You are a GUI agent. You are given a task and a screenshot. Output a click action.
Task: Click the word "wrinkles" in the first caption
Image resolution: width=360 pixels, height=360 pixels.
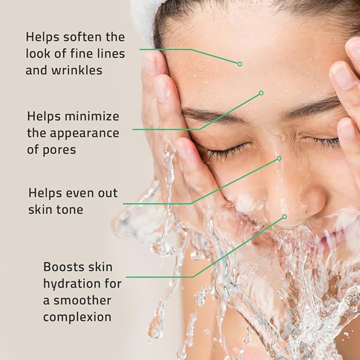(x=77, y=70)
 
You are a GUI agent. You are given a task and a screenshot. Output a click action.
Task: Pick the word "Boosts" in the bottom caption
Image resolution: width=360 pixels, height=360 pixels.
(x=64, y=267)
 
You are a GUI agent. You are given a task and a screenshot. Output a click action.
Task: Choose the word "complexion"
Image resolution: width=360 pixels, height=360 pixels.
(x=77, y=317)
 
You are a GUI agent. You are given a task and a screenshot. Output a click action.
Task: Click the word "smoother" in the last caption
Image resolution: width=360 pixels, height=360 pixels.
(x=84, y=300)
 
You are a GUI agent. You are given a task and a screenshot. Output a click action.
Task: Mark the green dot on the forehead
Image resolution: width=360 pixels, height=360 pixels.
(x=240, y=64)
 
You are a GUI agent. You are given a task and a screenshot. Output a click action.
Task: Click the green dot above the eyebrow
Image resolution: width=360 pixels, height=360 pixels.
(x=261, y=93)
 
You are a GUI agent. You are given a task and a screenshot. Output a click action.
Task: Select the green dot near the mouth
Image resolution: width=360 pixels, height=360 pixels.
(x=285, y=216)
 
